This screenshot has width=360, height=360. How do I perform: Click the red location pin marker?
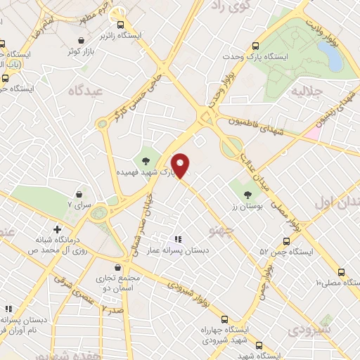[x=181, y=165]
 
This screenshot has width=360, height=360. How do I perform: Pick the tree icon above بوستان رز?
[x=247, y=194]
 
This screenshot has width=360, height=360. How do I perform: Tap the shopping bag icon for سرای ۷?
[x=79, y=193]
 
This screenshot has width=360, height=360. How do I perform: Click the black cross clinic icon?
[x=57, y=229]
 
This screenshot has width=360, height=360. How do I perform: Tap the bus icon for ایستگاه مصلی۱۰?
[x=342, y=272]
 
